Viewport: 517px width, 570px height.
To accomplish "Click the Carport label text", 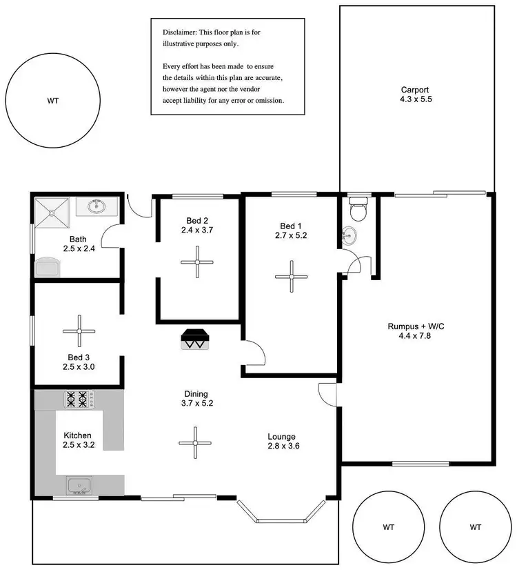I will [x=416, y=90].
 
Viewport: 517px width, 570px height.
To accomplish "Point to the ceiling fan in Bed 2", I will [x=197, y=262].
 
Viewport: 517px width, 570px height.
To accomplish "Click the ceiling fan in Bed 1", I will [x=292, y=277].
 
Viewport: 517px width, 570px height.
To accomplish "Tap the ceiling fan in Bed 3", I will [x=80, y=331].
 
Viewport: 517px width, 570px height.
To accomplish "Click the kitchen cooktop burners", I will [x=76, y=400].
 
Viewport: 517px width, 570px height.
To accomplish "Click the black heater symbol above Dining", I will [x=194, y=339].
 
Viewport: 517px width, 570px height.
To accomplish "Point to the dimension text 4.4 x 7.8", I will [x=416, y=336].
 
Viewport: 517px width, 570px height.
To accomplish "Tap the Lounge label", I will [x=282, y=436].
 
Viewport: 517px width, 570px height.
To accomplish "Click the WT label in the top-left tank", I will [x=53, y=101].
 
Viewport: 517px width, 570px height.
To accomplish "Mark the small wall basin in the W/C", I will [x=350, y=235].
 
